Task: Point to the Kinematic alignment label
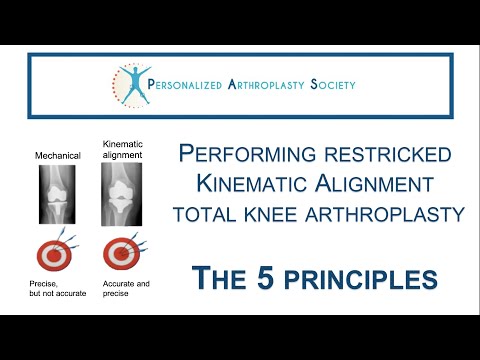point(122,150)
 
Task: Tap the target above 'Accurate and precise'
point(121,252)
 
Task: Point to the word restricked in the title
point(373,156)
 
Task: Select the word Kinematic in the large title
point(249,186)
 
